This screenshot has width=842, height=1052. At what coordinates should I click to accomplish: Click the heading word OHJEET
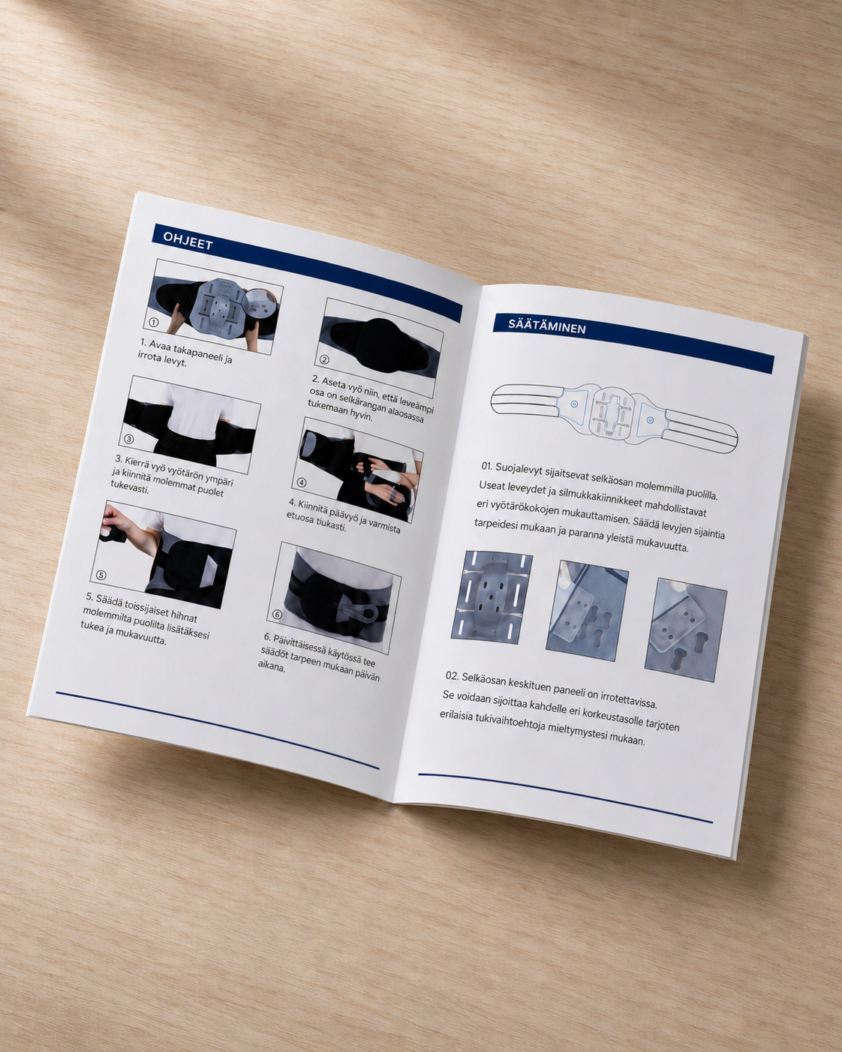coord(188,241)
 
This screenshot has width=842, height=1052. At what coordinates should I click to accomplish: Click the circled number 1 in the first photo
coord(154,322)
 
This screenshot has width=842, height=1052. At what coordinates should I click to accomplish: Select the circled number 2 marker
coord(324,359)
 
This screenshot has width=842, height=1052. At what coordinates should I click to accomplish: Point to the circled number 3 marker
coord(128,439)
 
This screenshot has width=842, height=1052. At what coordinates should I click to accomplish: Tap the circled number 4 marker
coord(302,482)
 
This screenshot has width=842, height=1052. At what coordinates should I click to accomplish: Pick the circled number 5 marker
coord(101,575)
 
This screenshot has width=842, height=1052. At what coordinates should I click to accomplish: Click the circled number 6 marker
coord(277,615)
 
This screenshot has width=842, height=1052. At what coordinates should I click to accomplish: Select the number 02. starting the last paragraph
coord(453,675)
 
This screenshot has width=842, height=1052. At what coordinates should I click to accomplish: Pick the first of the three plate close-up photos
coord(492,597)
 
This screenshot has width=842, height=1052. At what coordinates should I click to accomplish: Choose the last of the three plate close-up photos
coord(686,630)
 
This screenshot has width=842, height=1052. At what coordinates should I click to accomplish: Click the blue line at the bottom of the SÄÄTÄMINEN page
coord(565,798)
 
